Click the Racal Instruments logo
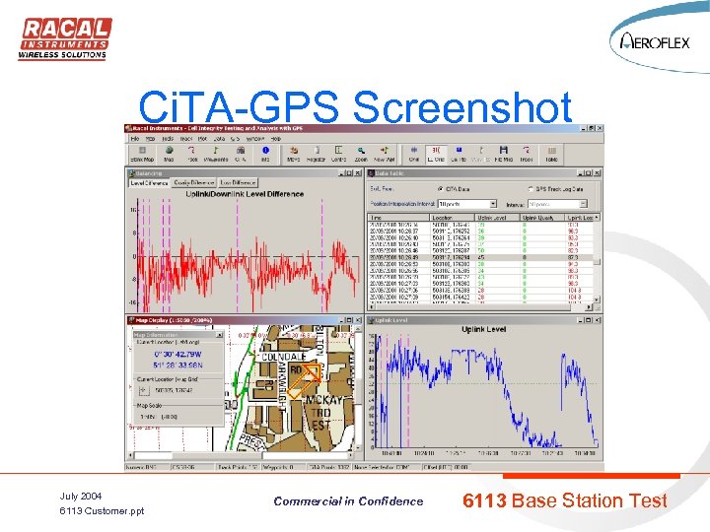point(64,38)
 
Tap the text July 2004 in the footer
point(82,496)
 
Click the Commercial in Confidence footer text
point(348,501)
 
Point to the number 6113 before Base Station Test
point(484,500)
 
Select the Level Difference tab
point(149,182)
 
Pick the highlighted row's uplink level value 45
point(480,257)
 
